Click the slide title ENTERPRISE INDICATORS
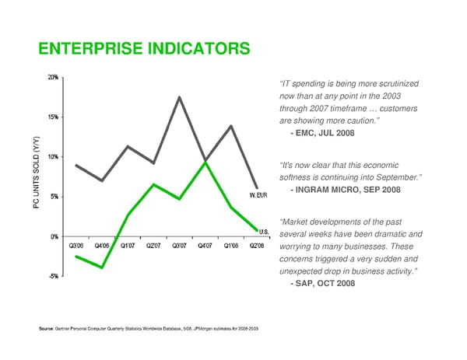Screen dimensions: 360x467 pos(144,50)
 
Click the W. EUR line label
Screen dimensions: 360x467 pos(258,194)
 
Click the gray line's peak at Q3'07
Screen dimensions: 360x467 pos(179,97)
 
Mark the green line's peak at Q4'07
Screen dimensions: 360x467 pos(205,162)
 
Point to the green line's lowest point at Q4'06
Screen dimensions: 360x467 pos(102,267)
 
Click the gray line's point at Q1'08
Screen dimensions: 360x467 pos(231,126)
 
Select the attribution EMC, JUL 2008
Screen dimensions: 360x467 pos(321,134)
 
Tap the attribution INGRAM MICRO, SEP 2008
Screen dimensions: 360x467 pos(344,190)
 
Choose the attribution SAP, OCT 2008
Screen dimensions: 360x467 pos(321,284)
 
